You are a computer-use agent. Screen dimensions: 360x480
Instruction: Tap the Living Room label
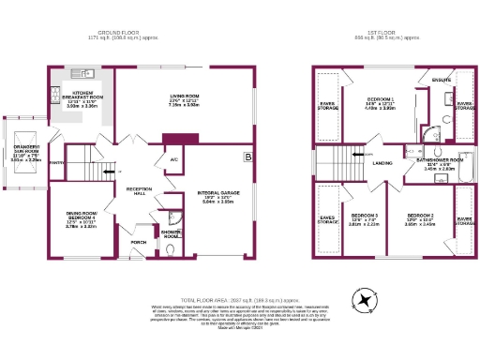point(184,96)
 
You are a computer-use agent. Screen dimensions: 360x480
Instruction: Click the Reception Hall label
point(139,190)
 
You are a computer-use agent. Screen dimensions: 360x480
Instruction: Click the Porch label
point(138,242)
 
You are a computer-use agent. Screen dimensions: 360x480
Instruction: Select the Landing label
point(382,163)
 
